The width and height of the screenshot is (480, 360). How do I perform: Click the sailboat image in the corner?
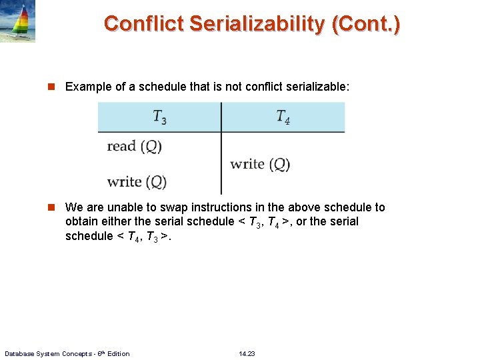tap(17, 21)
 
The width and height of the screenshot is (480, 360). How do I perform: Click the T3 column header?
tap(159, 117)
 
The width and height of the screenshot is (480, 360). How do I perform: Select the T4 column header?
tap(283, 117)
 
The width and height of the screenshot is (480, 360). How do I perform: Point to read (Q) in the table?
tap(134, 146)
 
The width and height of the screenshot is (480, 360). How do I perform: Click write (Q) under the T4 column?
tap(260, 164)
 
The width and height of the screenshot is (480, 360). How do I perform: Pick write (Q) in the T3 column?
tap(137, 181)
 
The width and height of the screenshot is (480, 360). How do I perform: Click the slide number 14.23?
tap(247, 353)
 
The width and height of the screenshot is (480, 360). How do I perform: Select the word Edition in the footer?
tap(118, 353)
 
